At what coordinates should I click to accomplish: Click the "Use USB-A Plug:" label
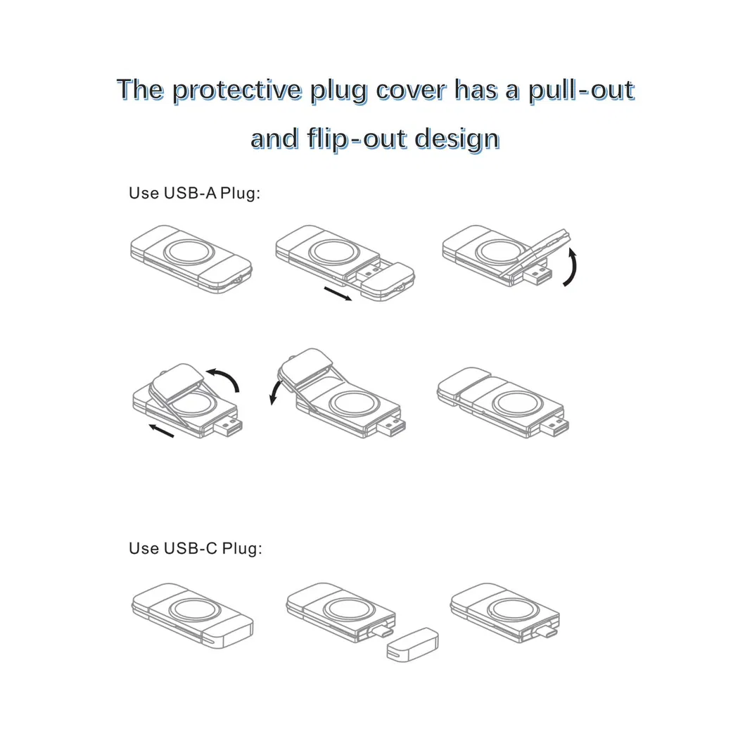pos(195,193)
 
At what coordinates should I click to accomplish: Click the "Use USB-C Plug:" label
pos(195,548)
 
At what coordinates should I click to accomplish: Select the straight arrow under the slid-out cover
pos(338,293)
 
